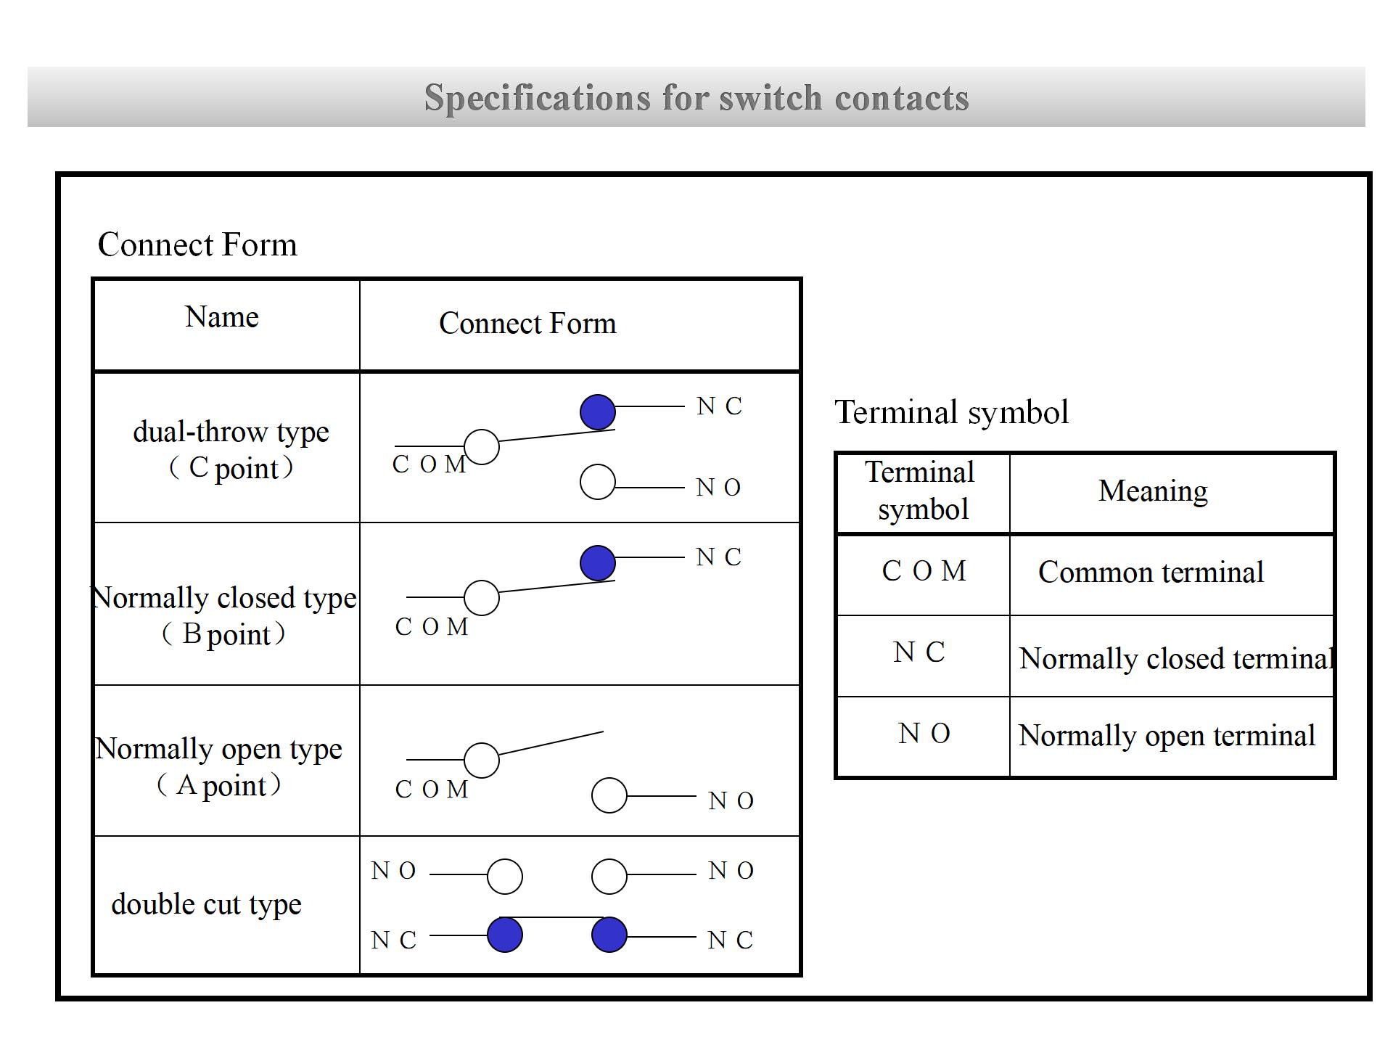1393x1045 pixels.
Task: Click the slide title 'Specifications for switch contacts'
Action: click(696, 97)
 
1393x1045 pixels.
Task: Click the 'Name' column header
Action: click(222, 317)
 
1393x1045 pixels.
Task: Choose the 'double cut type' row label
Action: click(207, 904)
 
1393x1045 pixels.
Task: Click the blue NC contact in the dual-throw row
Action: click(598, 412)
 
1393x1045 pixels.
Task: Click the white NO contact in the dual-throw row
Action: click(598, 482)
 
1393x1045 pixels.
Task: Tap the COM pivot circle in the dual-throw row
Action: click(482, 447)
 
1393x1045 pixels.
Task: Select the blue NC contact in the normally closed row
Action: click(598, 563)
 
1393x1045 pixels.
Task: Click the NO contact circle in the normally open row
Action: click(609, 795)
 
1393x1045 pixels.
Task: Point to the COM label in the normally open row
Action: click(432, 790)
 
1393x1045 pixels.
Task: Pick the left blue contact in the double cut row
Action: click(505, 935)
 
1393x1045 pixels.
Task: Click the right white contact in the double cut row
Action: click(609, 877)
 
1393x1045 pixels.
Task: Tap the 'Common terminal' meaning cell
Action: click(1151, 573)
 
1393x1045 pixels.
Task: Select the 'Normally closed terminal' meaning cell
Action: click(1175, 659)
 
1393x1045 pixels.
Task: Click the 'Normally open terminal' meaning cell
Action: click(1167, 736)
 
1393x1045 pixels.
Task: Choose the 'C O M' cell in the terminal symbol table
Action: click(924, 572)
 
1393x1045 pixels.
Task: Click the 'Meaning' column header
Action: click(1154, 491)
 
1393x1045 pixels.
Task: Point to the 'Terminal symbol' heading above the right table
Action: click(952, 412)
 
